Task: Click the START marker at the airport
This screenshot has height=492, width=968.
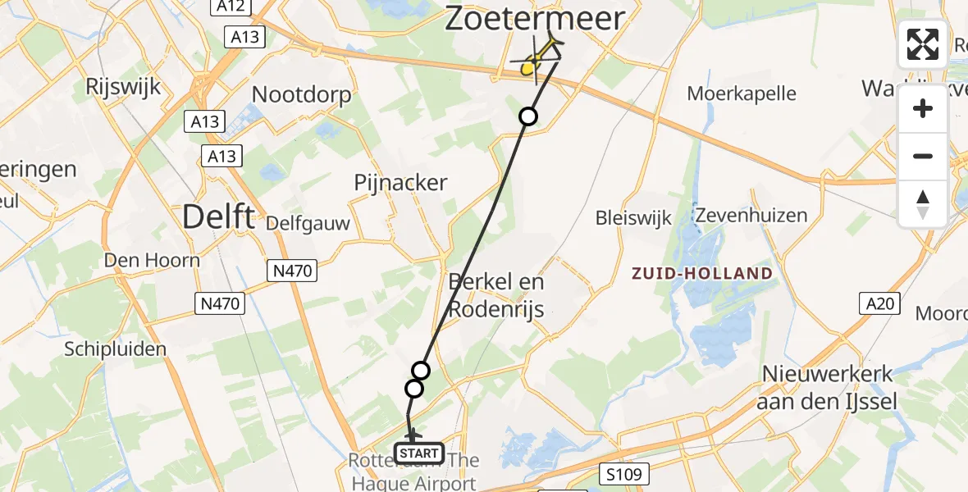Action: [419, 453]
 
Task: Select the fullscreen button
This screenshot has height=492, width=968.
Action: [923, 44]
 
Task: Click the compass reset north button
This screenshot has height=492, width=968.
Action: [923, 204]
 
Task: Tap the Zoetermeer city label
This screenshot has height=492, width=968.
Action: [535, 19]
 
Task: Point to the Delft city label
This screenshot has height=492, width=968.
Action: [217, 217]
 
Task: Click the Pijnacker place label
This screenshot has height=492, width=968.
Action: [400, 182]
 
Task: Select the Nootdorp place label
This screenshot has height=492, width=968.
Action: [301, 94]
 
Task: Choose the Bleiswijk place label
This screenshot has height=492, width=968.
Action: [634, 217]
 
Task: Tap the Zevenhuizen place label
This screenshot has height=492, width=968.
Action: [751, 216]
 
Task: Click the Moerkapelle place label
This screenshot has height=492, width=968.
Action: [742, 93]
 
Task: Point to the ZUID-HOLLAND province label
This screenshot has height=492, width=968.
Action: [702, 273]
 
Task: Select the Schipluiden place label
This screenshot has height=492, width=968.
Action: [116, 348]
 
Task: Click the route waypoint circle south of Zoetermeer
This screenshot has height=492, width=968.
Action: [528, 116]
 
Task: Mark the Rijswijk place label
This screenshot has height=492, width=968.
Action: [121, 86]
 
